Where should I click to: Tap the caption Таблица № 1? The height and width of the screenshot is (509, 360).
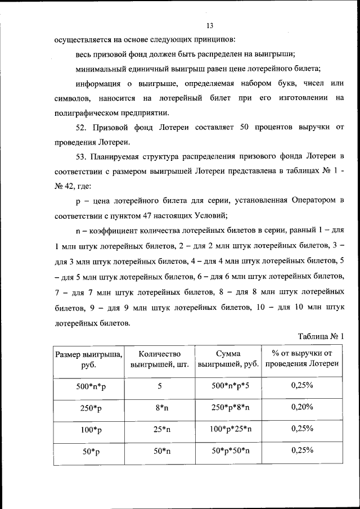[x=319, y=336]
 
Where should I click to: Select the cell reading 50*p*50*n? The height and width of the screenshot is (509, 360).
[x=228, y=452]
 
